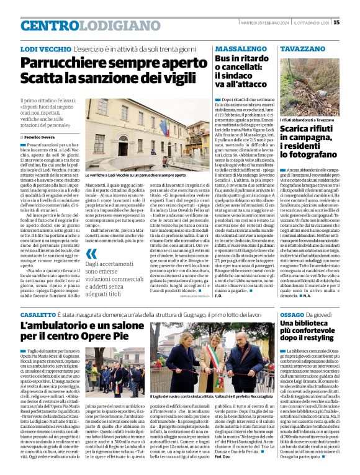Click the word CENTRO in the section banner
(50, 25)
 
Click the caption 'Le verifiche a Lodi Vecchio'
(112, 175)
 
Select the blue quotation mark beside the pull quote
(91, 253)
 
